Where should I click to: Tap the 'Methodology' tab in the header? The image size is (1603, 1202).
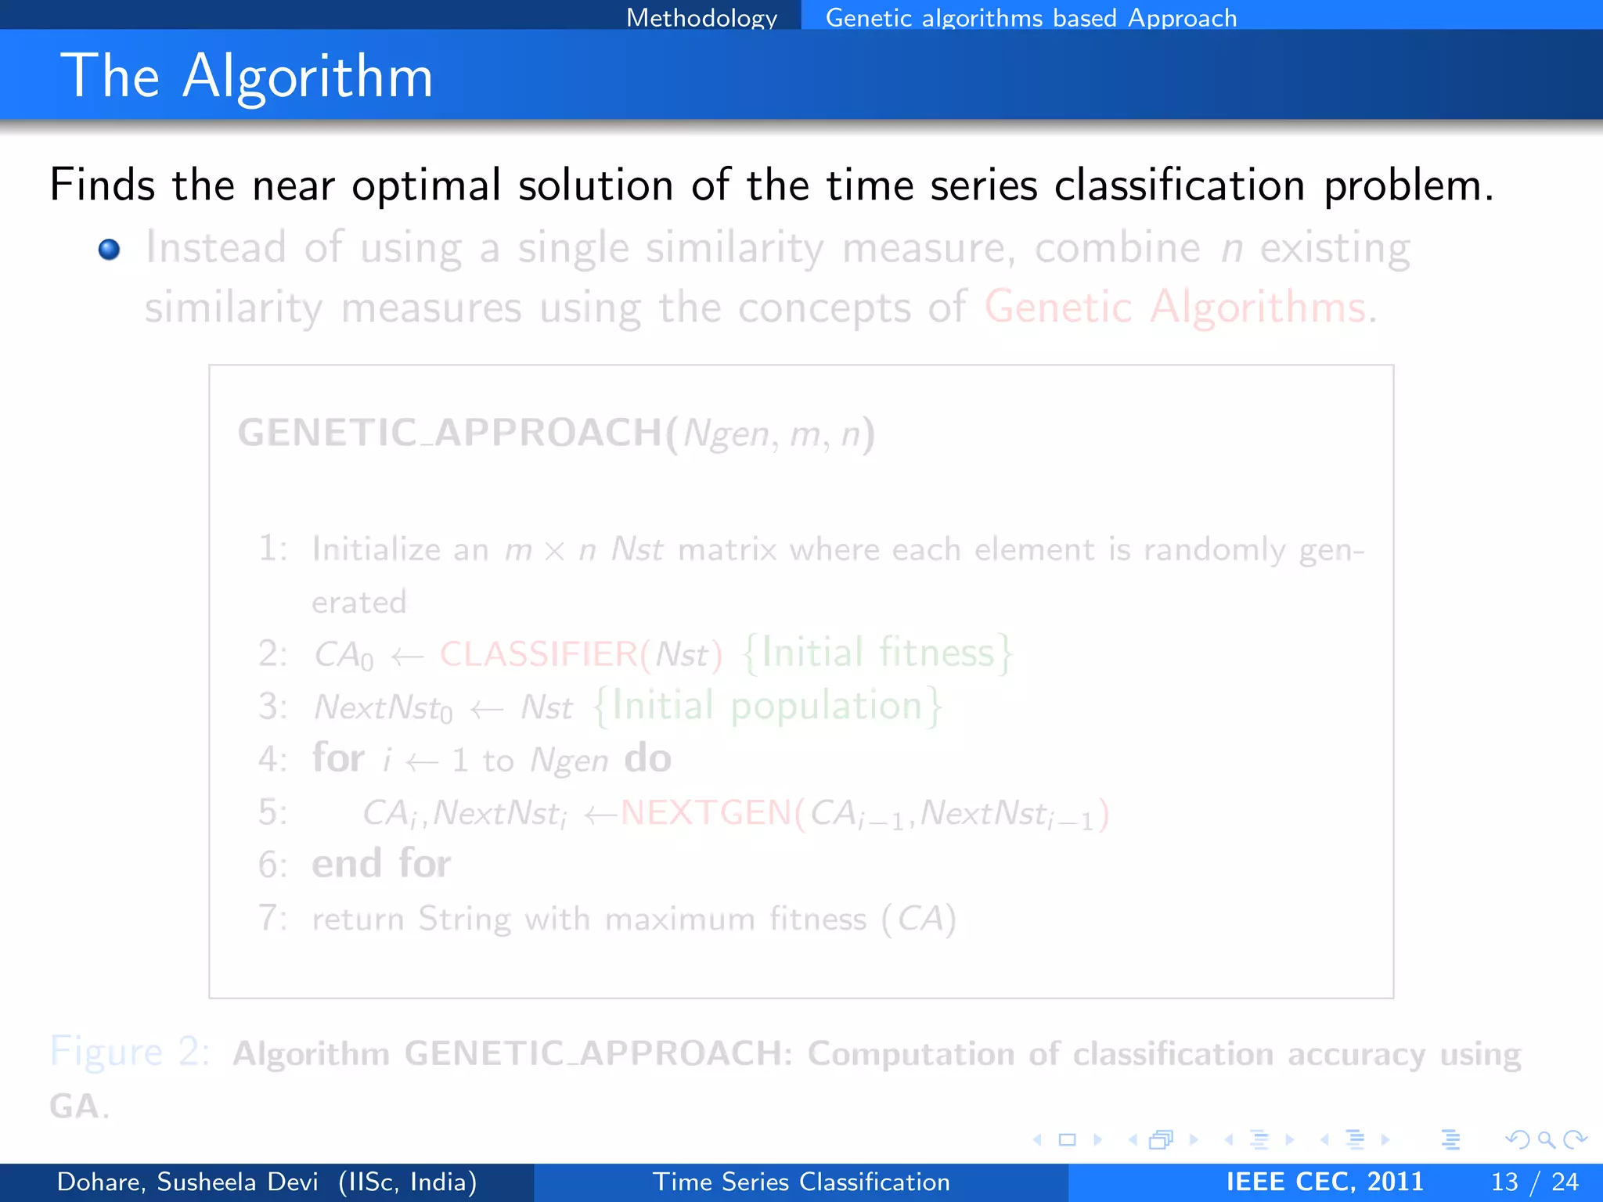tap(701, 17)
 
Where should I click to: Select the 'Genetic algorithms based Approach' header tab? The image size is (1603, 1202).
tap(1031, 17)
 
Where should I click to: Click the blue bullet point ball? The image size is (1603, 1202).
tap(110, 250)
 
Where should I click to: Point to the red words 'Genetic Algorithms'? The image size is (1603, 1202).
tap(1175, 307)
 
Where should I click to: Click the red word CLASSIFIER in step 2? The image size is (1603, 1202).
tap(539, 654)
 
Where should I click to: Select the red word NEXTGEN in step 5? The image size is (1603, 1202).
tap(706, 813)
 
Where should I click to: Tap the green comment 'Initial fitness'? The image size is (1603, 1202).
tap(877, 653)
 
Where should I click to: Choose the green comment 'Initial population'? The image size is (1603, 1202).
tap(767, 706)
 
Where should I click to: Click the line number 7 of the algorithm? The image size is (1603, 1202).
tap(269, 918)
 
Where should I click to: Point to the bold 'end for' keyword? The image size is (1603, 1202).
tap(381, 864)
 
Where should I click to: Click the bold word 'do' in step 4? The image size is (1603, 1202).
tap(647, 758)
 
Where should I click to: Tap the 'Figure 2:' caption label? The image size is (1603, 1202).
tap(130, 1051)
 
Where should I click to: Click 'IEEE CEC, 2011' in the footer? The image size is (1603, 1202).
tap(1324, 1182)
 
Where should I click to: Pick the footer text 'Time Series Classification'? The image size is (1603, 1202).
tap(801, 1182)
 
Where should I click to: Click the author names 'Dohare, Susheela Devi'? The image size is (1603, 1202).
tap(188, 1182)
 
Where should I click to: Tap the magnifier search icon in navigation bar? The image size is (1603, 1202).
tap(1546, 1139)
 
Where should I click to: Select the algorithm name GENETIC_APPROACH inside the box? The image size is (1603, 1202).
tap(449, 433)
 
